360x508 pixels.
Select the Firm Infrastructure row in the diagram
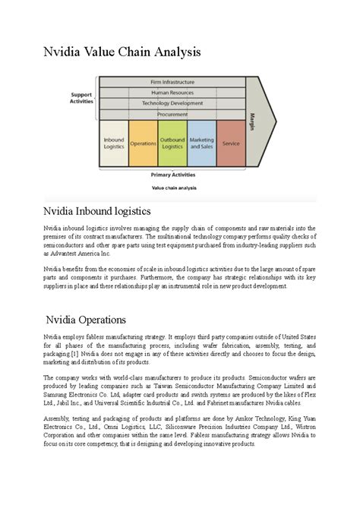click(x=173, y=81)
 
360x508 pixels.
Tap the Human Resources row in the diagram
click(x=173, y=92)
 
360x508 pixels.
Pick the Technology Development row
click(x=173, y=103)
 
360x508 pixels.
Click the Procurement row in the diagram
click(x=173, y=113)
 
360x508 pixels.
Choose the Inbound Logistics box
click(x=113, y=143)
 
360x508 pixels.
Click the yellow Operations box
click(x=143, y=143)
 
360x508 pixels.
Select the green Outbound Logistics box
click(x=172, y=143)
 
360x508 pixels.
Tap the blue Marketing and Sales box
click(x=201, y=143)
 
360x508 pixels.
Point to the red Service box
click(x=231, y=143)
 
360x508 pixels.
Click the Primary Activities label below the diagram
click(x=172, y=174)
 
